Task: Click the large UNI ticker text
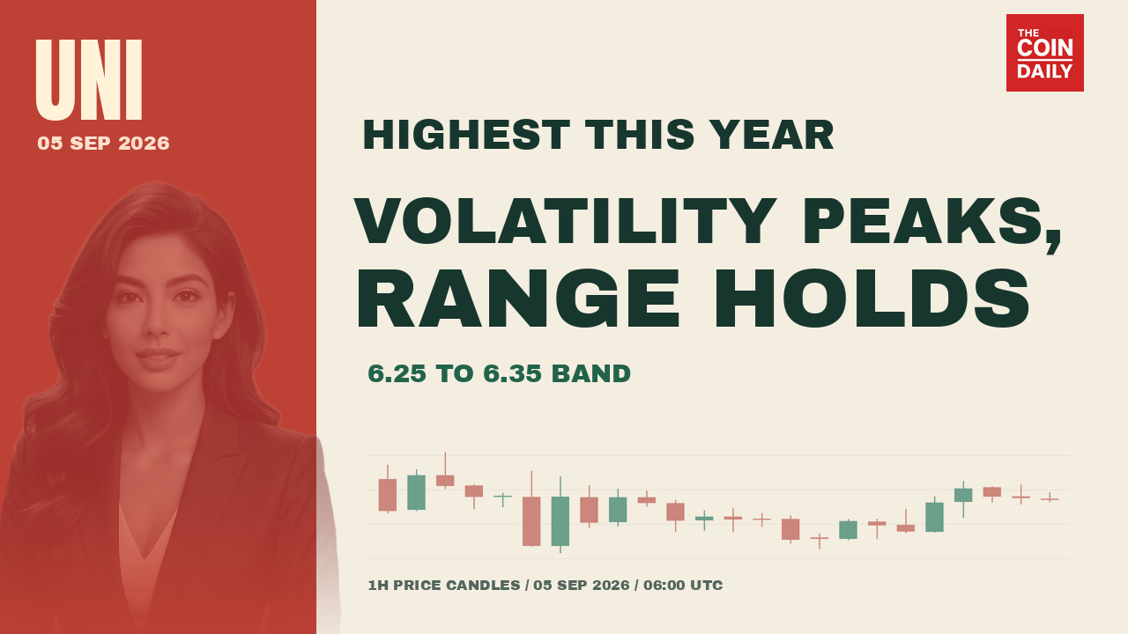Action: [89, 80]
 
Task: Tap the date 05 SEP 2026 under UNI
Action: [103, 144]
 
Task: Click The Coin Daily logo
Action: [1045, 53]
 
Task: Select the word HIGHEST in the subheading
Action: [466, 135]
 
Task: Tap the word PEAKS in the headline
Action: [926, 221]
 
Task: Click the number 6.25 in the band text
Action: [397, 374]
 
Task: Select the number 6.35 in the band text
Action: [512, 374]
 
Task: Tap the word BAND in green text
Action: [591, 374]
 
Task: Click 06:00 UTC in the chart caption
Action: [683, 586]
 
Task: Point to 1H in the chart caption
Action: [378, 586]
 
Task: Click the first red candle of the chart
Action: [387, 489]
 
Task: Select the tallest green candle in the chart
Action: [560, 515]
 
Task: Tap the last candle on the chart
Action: [1050, 498]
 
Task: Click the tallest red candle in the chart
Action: [531, 509]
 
